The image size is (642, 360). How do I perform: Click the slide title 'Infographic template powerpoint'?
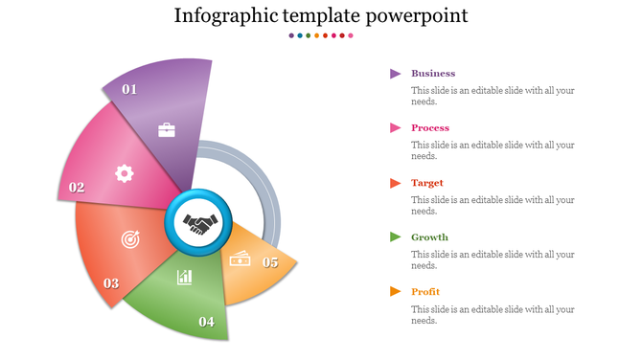[x=321, y=16]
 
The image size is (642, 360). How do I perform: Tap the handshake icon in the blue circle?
[x=201, y=225]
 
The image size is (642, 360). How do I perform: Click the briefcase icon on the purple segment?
[x=167, y=129]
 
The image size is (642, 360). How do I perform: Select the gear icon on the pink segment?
[x=124, y=172]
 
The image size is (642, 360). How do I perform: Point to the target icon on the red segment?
[x=129, y=238]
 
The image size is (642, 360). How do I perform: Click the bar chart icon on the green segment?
[x=184, y=278]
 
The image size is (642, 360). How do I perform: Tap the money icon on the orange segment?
[x=239, y=258]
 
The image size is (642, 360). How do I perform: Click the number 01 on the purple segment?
[x=129, y=89]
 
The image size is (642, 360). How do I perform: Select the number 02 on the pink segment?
[x=77, y=188]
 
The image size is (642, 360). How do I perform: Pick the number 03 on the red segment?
[x=111, y=283]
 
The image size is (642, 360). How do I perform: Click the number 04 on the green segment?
[x=206, y=322]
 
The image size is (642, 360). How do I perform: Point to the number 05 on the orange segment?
[x=270, y=262]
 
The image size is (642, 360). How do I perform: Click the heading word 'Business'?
[x=433, y=74]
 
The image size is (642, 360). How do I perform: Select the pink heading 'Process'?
[x=430, y=128]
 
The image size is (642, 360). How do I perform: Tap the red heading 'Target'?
[x=427, y=183]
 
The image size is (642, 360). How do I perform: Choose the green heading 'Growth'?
[x=429, y=237]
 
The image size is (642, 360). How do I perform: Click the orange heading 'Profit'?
[x=426, y=292]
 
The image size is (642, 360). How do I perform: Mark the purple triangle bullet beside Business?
[x=395, y=74]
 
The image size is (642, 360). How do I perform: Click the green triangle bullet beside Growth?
[x=395, y=237]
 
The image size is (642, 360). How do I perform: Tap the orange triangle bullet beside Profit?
[x=395, y=292]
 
